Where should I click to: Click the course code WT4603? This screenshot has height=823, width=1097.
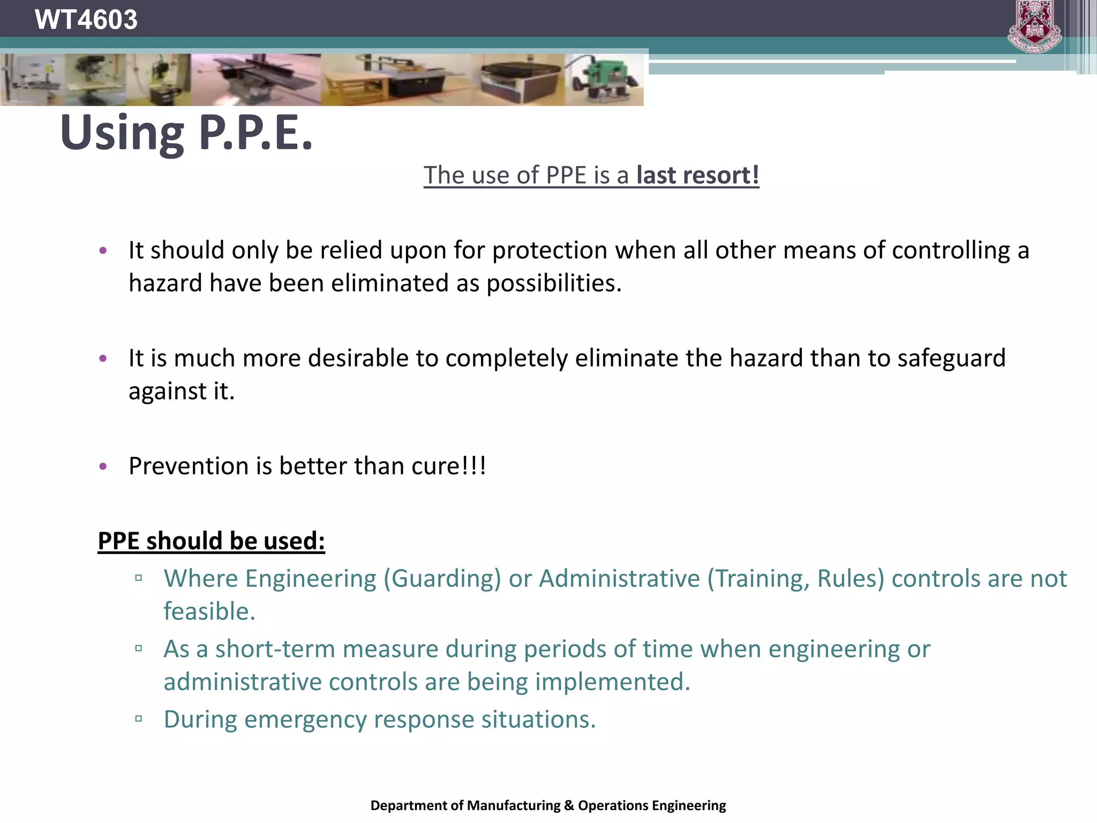[86, 20]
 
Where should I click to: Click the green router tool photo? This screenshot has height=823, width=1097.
[605, 80]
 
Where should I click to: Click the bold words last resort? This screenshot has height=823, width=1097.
[697, 175]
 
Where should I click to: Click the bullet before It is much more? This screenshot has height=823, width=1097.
[103, 358]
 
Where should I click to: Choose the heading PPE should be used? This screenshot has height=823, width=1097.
[211, 541]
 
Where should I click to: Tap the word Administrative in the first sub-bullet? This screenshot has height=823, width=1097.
[619, 579]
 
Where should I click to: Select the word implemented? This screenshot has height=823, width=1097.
[612, 683]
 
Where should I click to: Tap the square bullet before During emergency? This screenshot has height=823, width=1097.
[139, 719]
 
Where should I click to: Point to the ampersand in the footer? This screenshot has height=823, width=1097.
[569, 806]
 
